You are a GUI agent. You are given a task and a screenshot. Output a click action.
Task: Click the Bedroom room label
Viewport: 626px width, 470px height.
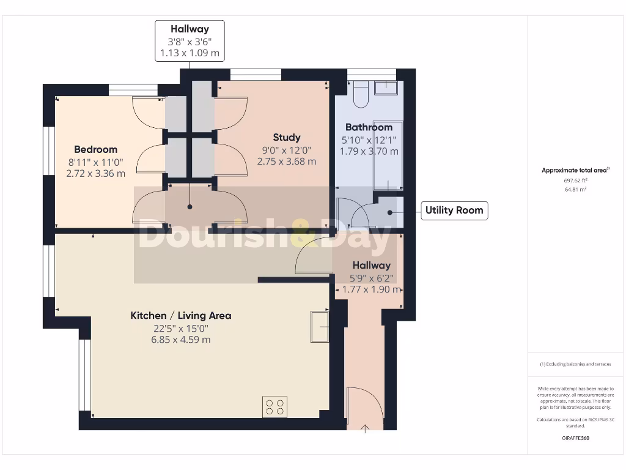point(95,149)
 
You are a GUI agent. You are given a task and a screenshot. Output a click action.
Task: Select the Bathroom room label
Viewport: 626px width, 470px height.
point(369,127)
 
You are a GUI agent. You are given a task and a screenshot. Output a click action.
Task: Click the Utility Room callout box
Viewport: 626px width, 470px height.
point(454,211)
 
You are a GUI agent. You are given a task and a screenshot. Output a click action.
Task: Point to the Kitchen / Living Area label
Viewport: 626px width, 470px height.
point(181,316)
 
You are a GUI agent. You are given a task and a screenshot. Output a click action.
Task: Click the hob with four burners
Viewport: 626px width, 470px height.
point(275,407)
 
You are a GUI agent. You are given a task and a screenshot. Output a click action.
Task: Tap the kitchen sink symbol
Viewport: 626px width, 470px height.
point(320,327)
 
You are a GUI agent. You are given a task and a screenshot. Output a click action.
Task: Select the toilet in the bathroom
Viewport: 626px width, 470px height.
point(359,94)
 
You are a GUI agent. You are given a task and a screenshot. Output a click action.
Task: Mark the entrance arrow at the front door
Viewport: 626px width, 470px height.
point(366,428)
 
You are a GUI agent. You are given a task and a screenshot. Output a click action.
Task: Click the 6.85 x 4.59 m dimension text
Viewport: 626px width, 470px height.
point(182,339)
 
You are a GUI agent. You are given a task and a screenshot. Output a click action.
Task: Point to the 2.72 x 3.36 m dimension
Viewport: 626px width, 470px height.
point(95,173)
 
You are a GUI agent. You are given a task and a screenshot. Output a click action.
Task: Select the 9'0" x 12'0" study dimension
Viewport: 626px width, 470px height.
point(287,149)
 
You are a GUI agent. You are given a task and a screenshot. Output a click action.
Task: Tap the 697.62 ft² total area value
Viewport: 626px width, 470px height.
point(575,181)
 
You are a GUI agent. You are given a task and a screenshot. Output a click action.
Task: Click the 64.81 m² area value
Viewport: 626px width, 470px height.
point(575,190)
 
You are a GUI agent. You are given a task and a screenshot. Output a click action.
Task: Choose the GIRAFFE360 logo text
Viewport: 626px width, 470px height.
point(575,438)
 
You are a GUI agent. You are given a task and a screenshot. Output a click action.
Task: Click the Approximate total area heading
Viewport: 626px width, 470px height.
point(575,171)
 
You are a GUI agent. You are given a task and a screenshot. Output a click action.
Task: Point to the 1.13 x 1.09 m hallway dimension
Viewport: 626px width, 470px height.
point(190,53)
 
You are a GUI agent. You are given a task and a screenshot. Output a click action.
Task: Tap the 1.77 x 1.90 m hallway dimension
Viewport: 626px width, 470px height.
point(372,289)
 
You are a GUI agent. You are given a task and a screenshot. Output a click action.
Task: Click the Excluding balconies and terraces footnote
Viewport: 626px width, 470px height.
point(575,364)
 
